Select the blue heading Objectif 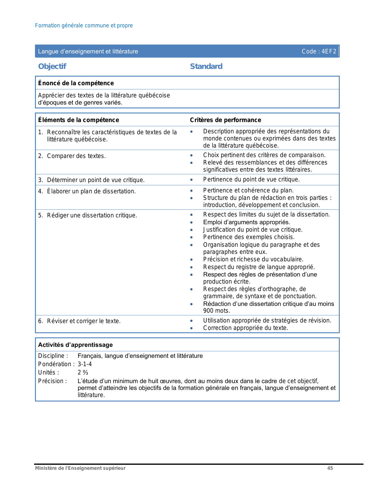click(52, 66)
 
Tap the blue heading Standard click(206, 66)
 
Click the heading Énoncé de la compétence click(76, 83)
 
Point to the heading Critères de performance click(225, 120)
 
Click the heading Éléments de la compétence click(79, 120)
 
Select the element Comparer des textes click(76, 156)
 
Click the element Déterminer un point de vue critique click(96, 180)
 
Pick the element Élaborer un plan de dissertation click(91, 191)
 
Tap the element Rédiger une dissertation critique click(92, 215)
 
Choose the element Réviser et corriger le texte click(84, 321)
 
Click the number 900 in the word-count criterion click(208, 311)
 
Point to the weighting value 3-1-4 click(85, 364)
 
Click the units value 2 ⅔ click(83, 372)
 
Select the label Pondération click(55, 364)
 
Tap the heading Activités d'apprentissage click(75, 345)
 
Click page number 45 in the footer click(330, 468)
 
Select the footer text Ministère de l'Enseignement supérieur click(80, 468)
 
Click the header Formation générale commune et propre click(84, 26)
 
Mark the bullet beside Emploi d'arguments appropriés click(192, 222)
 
